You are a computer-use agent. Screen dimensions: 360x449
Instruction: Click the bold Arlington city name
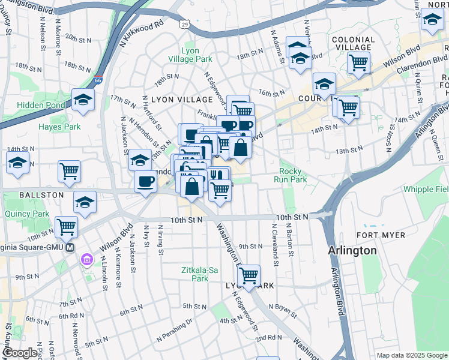click(353, 251)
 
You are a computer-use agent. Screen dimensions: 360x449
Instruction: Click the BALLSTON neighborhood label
click(24, 195)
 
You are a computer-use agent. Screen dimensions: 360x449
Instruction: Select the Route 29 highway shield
click(184, 24)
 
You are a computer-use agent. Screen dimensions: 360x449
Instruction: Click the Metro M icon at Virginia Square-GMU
click(70, 247)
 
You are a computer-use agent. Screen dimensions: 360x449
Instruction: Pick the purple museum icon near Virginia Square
click(88, 259)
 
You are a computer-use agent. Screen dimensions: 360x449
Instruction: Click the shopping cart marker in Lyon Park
click(249, 275)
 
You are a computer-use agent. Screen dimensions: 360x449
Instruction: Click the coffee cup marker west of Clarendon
click(144, 181)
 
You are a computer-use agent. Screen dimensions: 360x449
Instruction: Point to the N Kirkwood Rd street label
click(142, 34)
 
